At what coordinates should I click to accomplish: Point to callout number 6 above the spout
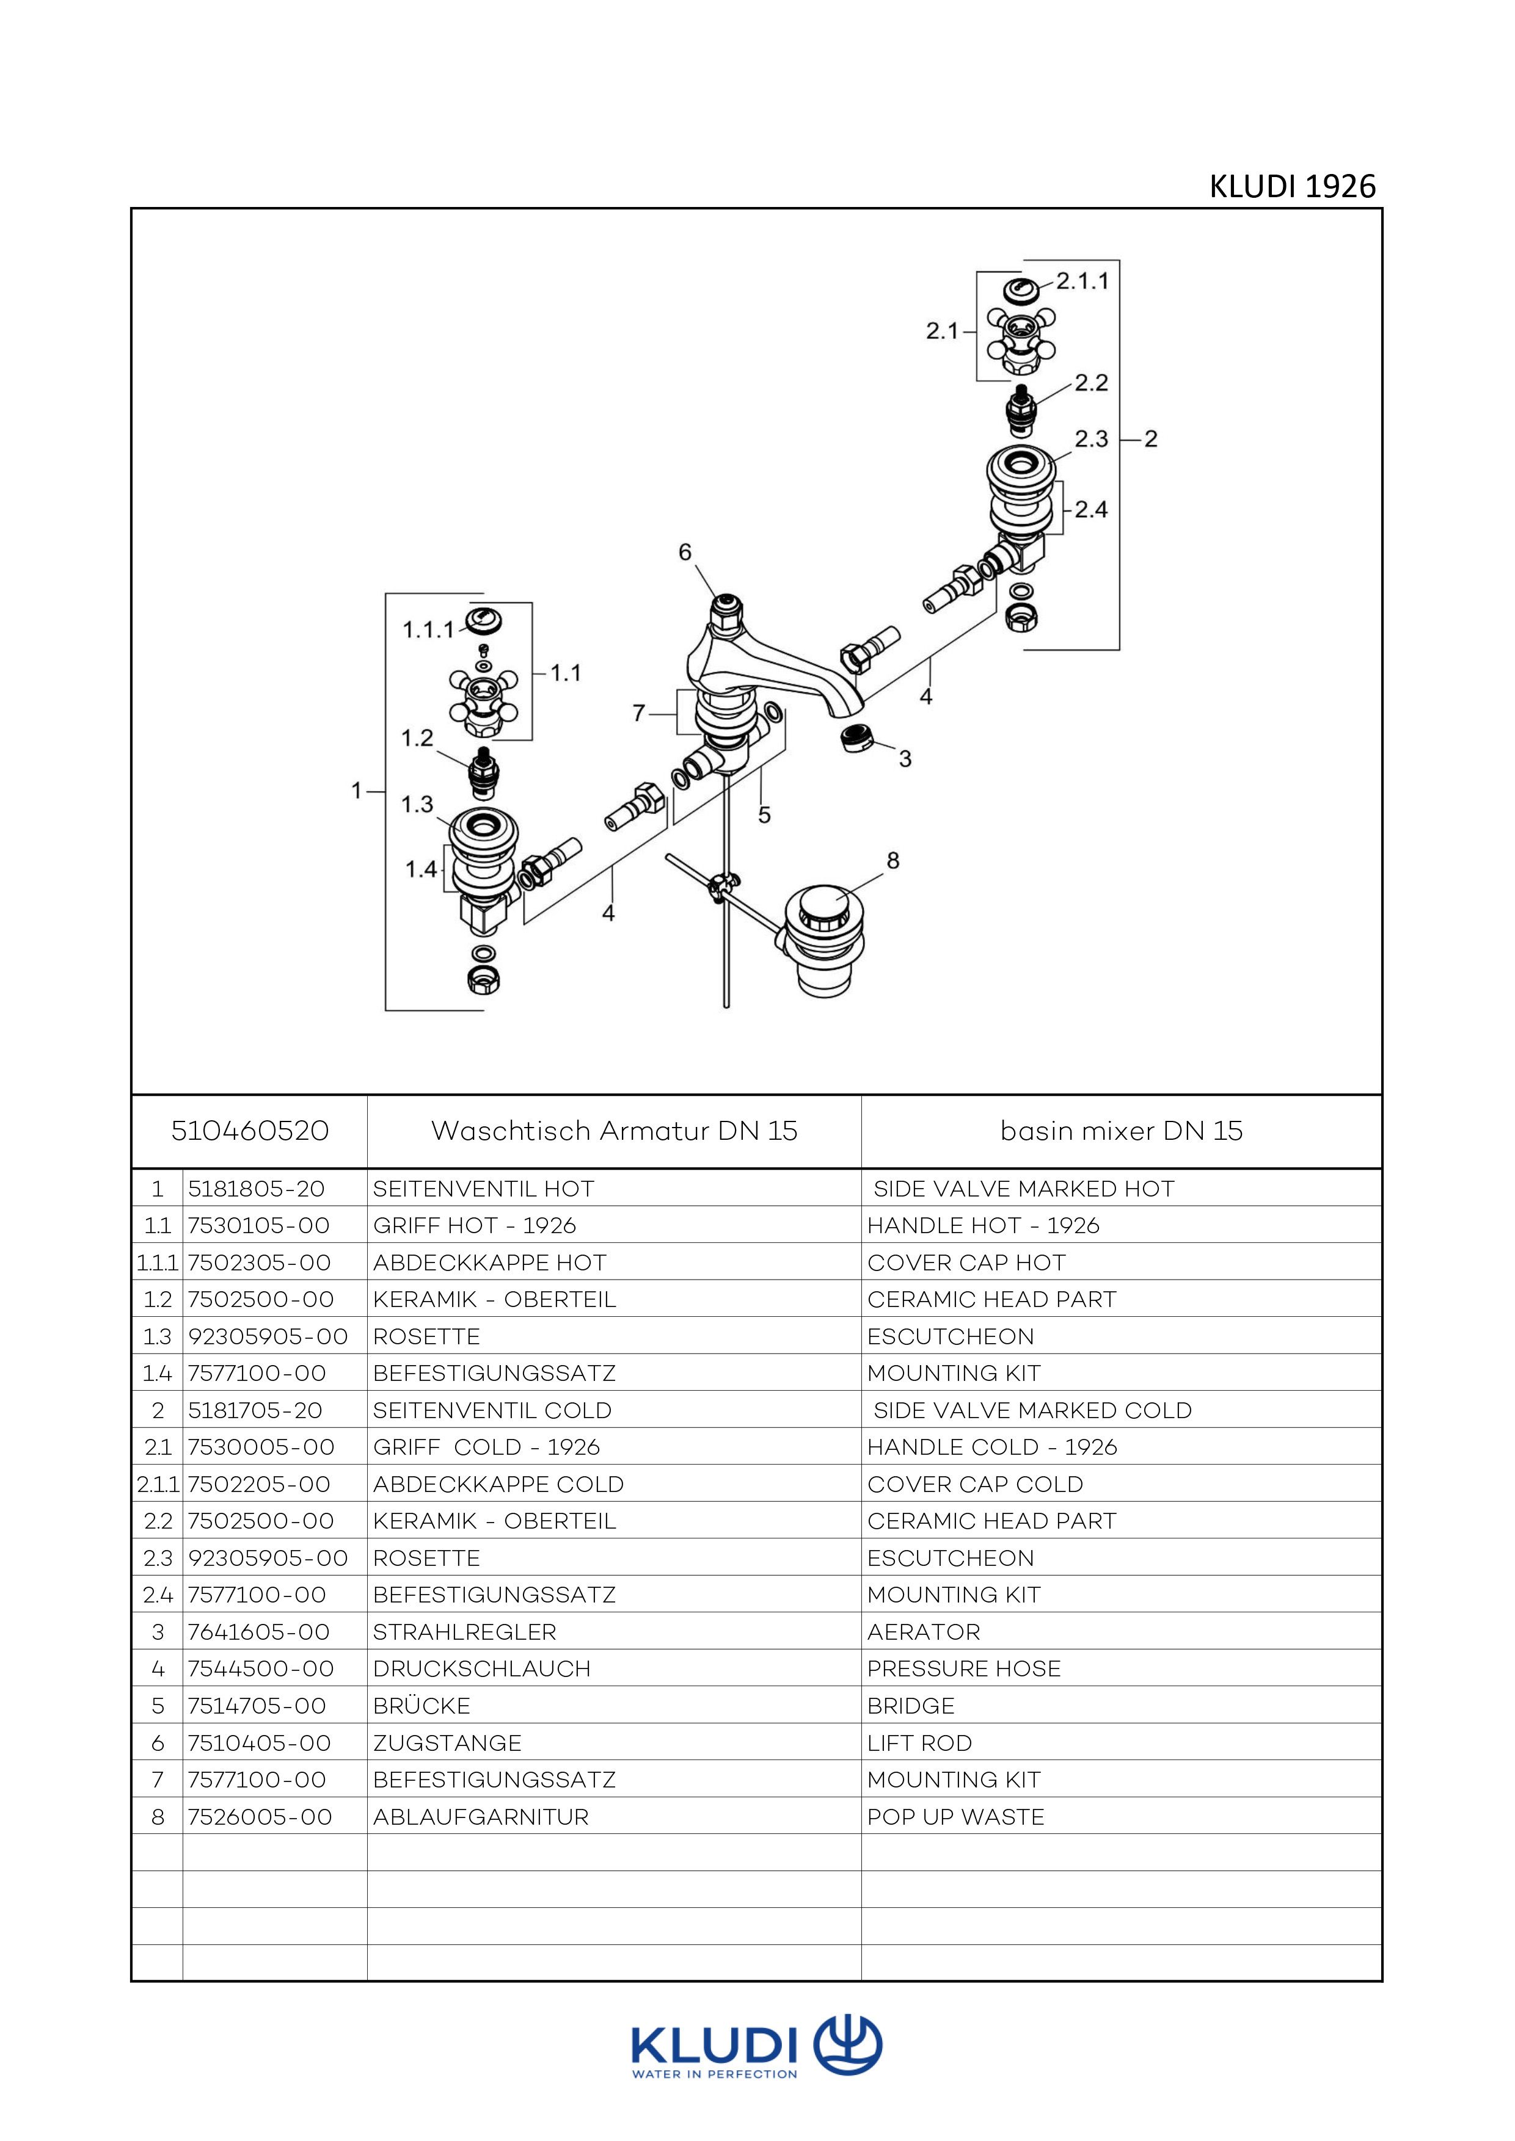pyautogui.click(x=685, y=553)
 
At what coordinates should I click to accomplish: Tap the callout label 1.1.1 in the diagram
pyautogui.click(x=428, y=631)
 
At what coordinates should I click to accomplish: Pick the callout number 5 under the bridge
pyautogui.click(x=764, y=815)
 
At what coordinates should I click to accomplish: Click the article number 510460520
pyautogui.click(x=250, y=1131)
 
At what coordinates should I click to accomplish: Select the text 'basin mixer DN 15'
pyautogui.click(x=1122, y=1131)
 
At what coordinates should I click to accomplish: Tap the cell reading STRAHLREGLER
pyautogui.click(x=464, y=1632)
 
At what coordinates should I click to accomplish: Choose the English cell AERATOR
pyautogui.click(x=924, y=1632)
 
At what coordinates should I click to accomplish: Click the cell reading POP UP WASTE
pyautogui.click(x=955, y=1816)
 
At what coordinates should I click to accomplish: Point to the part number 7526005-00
pyautogui.click(x=260, y=1816)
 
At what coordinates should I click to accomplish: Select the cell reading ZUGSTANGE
pyautogui.click(x=447, y=1743)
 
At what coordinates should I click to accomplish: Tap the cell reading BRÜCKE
pyautogui.click(x=422, y=1706)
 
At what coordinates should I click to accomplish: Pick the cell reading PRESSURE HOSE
pyautogui.click(x=963, y=1668)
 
